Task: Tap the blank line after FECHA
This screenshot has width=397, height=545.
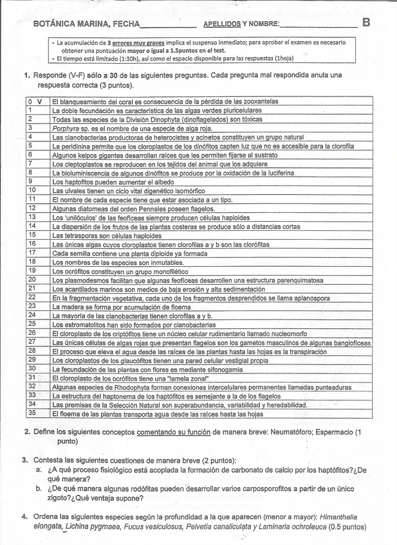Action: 167,27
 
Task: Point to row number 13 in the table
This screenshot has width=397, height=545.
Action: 31,217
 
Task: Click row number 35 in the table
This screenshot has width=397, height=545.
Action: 31,413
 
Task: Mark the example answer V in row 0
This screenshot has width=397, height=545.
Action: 40,102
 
